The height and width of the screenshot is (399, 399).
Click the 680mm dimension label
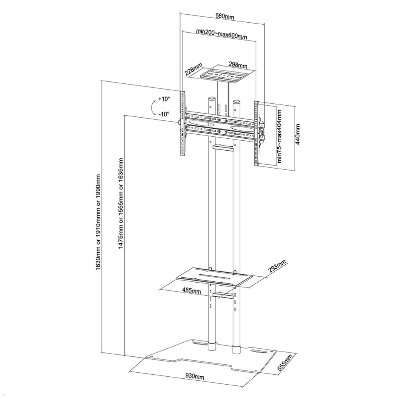pyautogui.click(x=225, y=17)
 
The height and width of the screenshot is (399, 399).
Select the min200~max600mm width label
pyautogui.click(x=221, y=34)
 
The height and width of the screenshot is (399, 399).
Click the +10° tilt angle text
pyautogui.click(x=164, y=99)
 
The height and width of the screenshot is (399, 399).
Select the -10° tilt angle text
pyautogui.click(x=164, y=114)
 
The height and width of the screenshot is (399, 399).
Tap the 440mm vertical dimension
pyautogui.click(x=298, y=134)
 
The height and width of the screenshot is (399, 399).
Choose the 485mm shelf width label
pyautogui.click(x=192, y=291)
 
